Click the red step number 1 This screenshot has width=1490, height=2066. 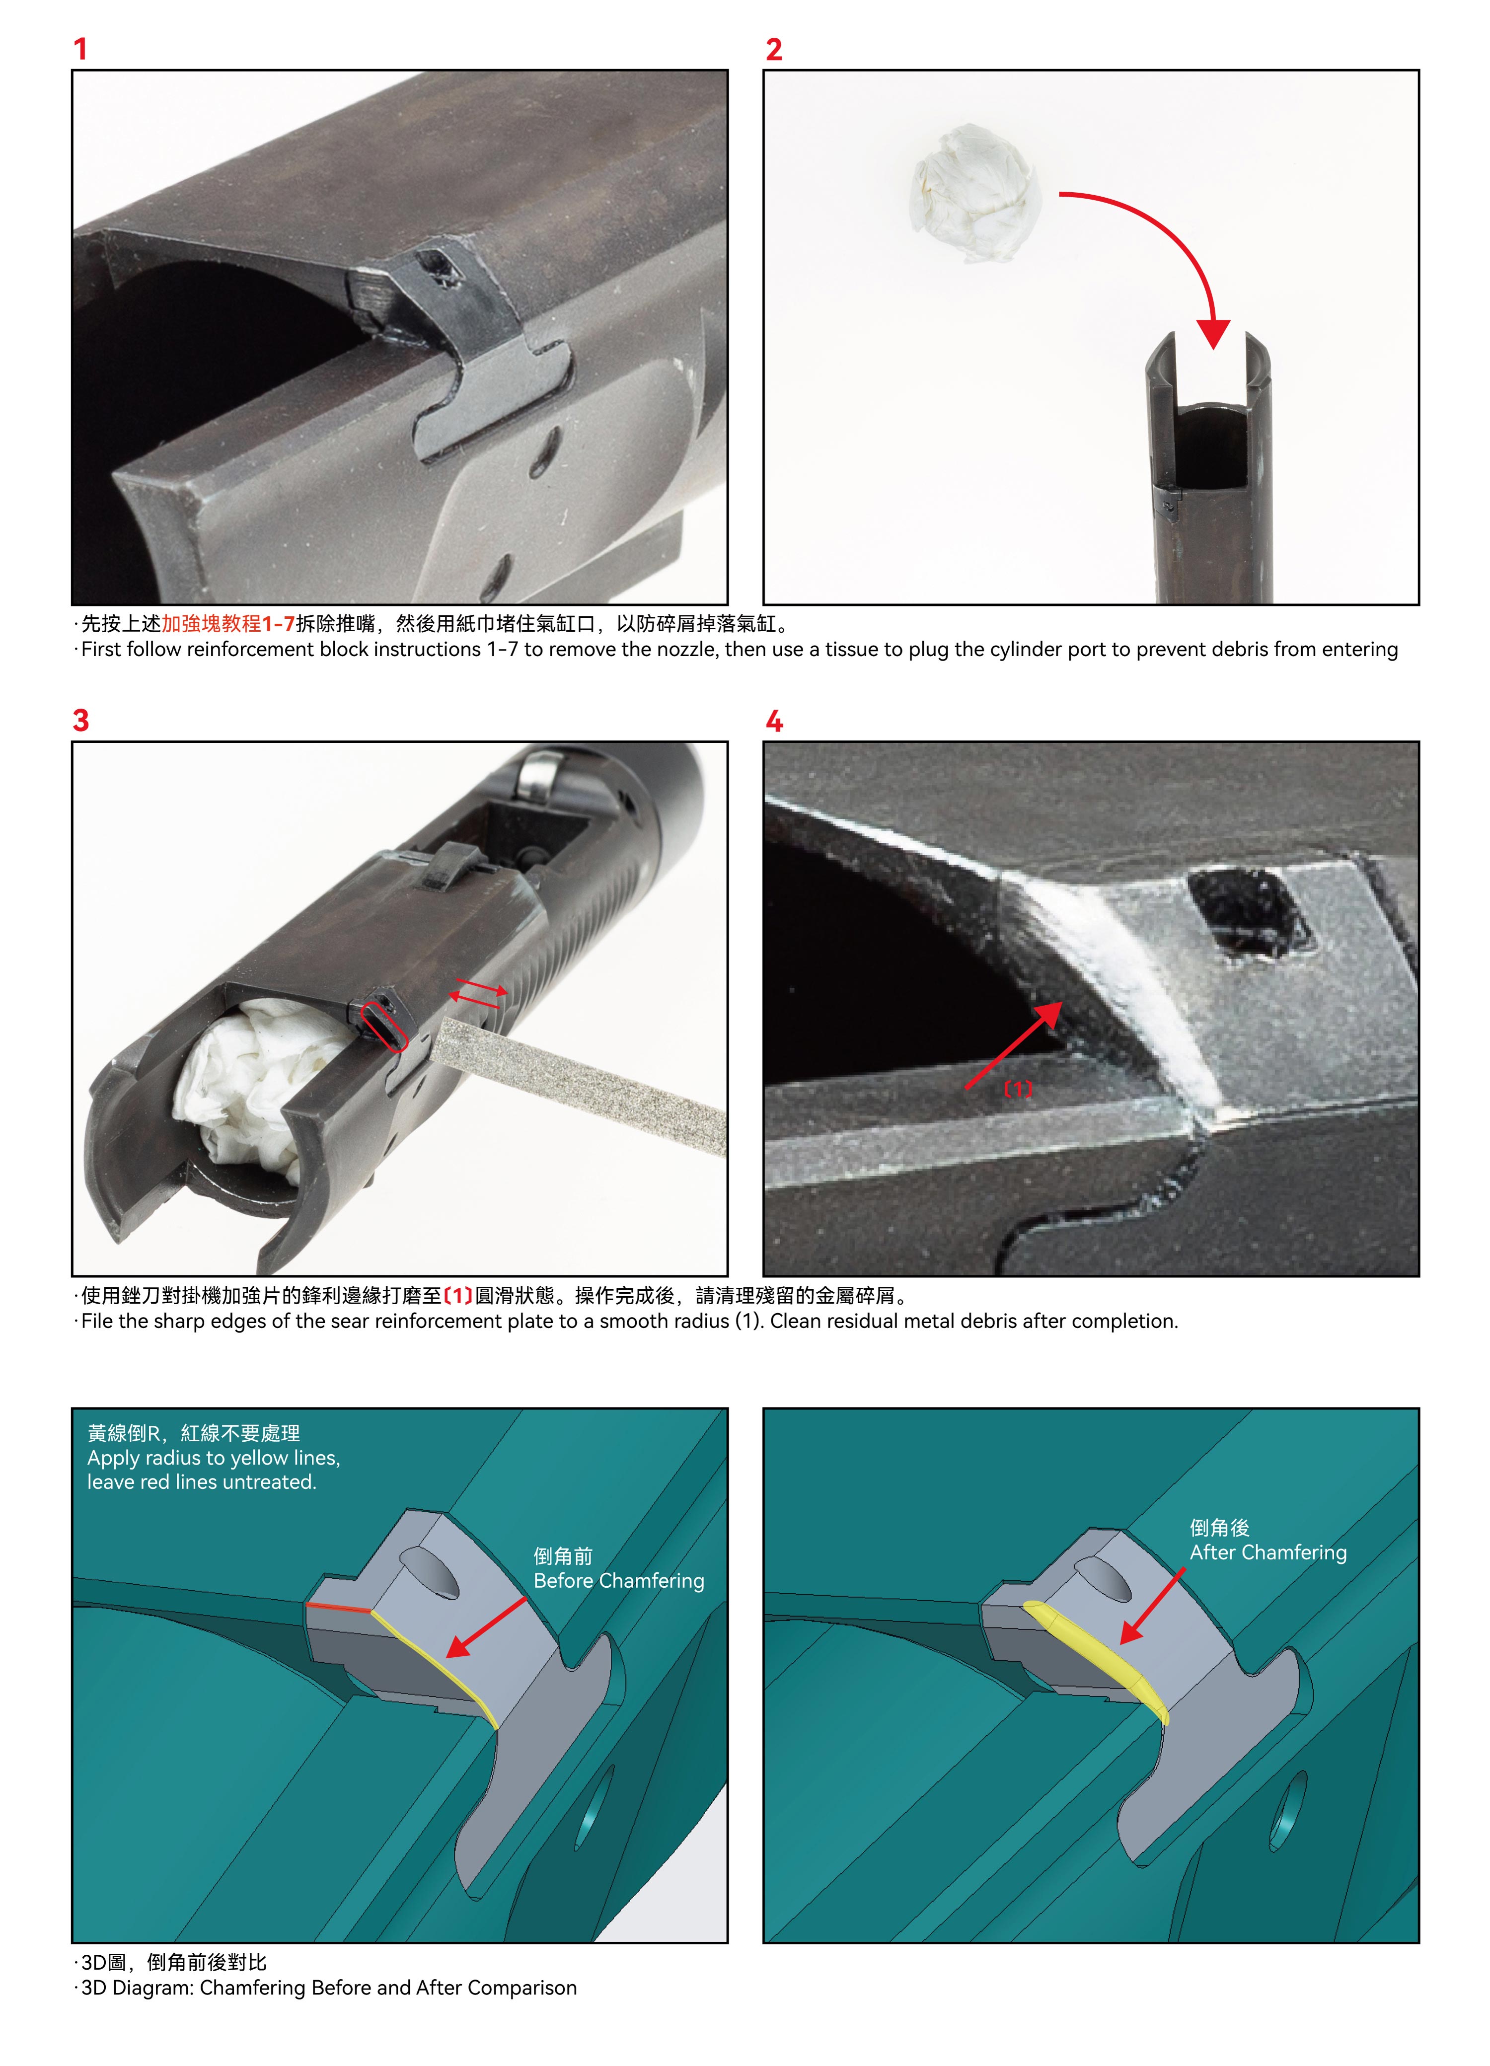coord(80,49)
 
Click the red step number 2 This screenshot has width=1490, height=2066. coord(774,49)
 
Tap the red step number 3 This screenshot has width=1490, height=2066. coord(81,721)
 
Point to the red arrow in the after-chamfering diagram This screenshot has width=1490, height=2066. coord(1152,1607)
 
